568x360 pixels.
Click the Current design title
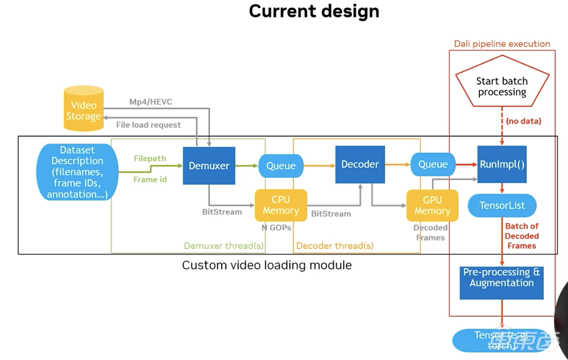[313, 11]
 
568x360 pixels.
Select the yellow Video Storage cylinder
[84, 109]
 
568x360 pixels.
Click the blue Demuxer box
[209, 165]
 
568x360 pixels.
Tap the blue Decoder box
[360, 164]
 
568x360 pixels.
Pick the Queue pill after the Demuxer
[281, 165]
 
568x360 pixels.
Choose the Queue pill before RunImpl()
[432, 164]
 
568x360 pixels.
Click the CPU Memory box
[281, 205]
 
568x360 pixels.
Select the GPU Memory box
[432, 205]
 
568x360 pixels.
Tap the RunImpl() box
[502, 164]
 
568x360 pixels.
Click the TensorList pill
[502, 205]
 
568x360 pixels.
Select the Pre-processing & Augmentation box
[502, 278]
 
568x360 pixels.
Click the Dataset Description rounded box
[78, 172]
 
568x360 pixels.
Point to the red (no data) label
[523, 121]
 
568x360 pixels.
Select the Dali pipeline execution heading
[502, 43]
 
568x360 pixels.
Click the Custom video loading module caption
[267, 265]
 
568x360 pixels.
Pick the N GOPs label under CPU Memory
[276, 227]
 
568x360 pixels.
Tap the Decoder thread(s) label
[334, 246]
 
